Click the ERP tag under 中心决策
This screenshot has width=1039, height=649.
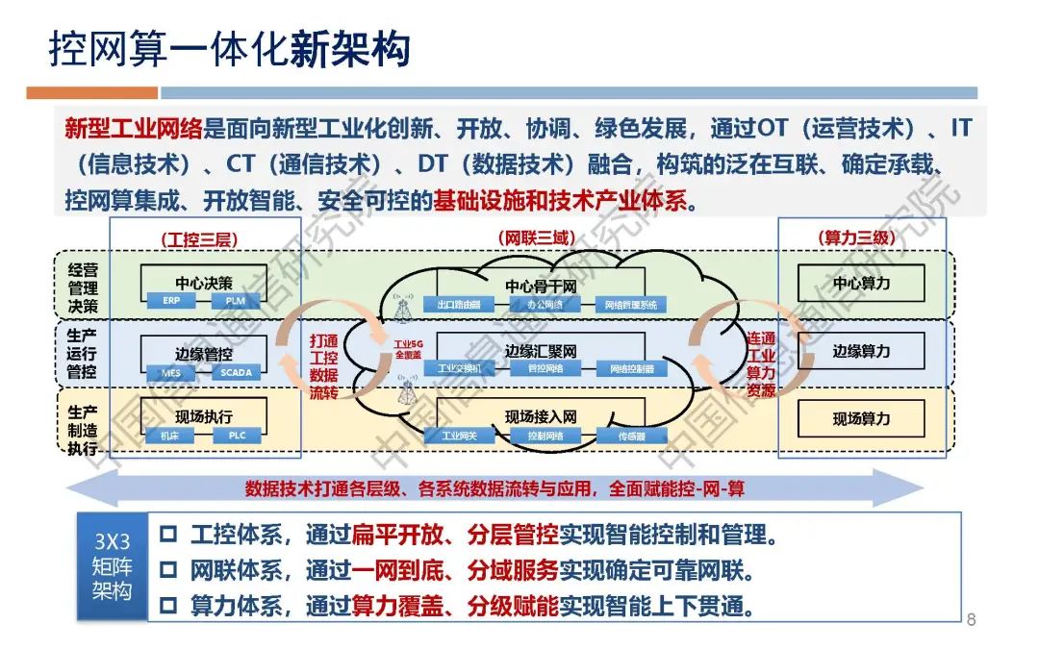click(171, 302)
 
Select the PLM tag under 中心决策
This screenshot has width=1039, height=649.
click(236, 302)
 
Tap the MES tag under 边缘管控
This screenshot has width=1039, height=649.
click(171, 372)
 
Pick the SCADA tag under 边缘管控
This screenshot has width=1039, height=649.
click(236, 372)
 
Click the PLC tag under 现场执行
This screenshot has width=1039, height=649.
click(236, 436)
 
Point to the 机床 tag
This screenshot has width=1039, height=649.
click(171, 436)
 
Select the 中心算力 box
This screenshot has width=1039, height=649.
click(861, 284)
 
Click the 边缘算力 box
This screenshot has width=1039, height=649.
click(861, 351)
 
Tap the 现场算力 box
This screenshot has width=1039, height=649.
click(861, 418)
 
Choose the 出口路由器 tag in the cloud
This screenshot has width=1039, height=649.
click(459, 305)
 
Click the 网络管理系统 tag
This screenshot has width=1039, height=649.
click(631, 305)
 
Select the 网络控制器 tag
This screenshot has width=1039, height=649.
click(631, 368)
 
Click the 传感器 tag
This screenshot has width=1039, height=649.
click(631, 436)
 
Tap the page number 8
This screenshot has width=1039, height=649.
click(971, 619)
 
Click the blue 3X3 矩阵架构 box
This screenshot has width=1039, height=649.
click(111, 566)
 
